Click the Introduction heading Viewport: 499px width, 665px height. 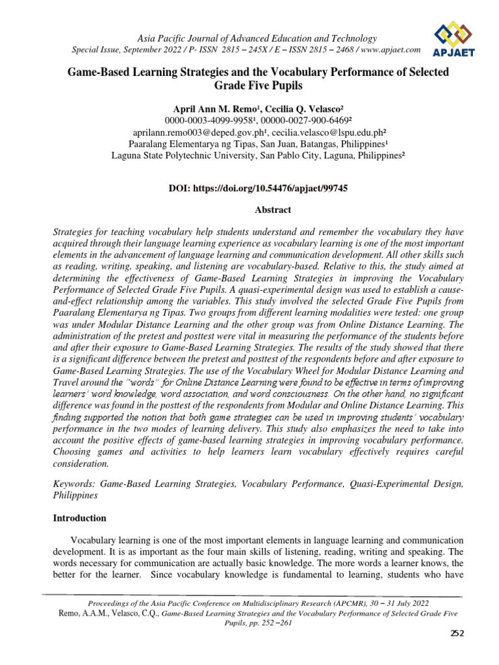pos(80,518)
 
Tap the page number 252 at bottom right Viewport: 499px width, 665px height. pos(457,634)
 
